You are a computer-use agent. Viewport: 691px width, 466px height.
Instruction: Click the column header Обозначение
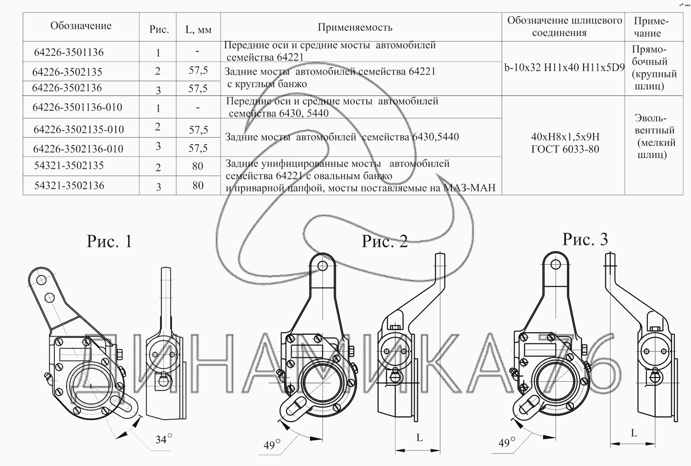tap(81, 26)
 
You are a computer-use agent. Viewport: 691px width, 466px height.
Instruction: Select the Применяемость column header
tap(355, 28)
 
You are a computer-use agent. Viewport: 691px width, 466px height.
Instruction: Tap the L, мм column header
tap(199, 29)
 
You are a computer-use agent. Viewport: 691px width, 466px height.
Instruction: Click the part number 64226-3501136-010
tap(77, 107)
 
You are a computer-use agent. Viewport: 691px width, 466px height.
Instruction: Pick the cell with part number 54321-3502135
tap(69, 166)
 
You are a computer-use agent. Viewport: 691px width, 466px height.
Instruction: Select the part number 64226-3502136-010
tap(78, 149)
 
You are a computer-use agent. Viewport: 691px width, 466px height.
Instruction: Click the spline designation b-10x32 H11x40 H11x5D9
tap(564, 68)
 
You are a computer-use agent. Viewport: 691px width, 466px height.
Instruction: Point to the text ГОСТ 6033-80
tap(565, 149)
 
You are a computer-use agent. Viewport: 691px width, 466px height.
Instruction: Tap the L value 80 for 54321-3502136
tap(198, 186)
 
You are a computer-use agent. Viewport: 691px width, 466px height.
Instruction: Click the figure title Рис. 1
tap(110, 241)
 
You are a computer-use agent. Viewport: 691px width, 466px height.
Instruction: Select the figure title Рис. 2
tap(385, 241)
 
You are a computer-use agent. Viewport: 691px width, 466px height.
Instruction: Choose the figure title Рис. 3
tap(585, 239)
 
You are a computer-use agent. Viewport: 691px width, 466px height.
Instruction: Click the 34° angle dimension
tap(164, 439)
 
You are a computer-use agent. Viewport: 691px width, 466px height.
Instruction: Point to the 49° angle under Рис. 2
tap(272, 444)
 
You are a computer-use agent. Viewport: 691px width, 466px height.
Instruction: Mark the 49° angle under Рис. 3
tap(507, 443)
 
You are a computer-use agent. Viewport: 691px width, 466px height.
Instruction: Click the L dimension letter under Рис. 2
tap(420, 437)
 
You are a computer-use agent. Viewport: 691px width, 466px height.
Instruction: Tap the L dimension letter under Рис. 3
tap(634, 433)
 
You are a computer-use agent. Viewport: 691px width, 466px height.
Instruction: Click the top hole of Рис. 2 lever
tap(322, 266)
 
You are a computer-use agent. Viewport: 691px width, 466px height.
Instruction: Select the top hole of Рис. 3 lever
tap(556, 264)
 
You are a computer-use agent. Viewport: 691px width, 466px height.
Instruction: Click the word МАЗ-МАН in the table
tap(469, 187)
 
